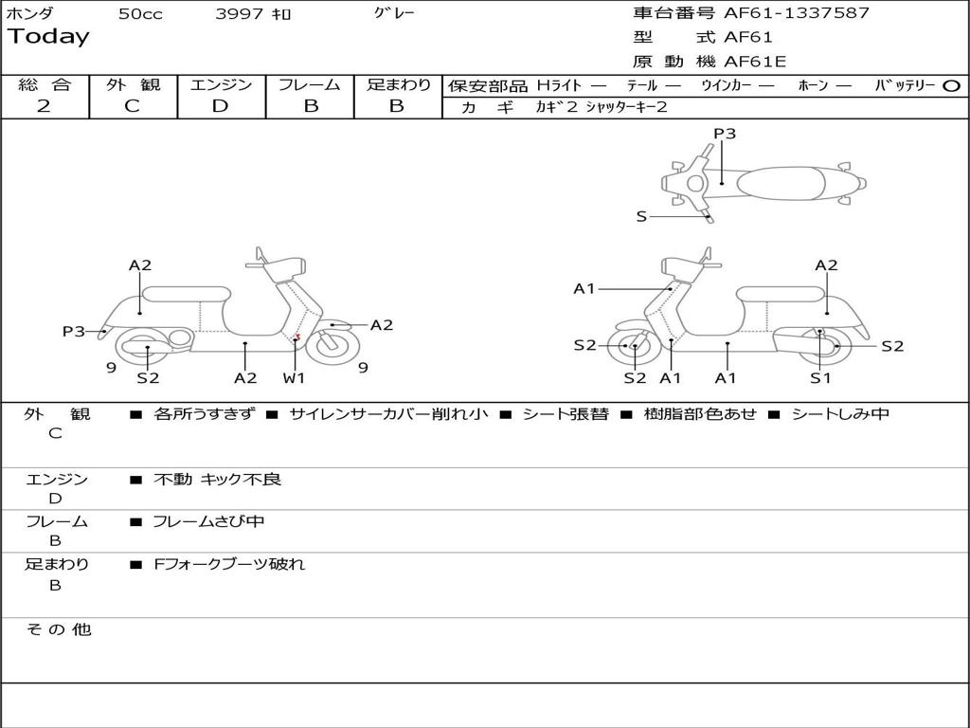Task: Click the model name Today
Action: [48, 37]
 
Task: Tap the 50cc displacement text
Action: [139, 14]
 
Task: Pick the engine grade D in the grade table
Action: [221, 106]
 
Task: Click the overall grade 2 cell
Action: [44, 106]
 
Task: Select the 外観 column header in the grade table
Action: [133, 84]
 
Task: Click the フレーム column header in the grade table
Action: [310, 84]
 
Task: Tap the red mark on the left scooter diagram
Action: [297, 337]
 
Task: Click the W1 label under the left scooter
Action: [294, 378]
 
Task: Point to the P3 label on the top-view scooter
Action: [725, 134]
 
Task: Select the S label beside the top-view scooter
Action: [641, 216]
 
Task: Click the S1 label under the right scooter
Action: [820, 378]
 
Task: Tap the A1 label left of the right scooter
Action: [584, 288]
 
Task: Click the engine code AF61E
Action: [754, 63]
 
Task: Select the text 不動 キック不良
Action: [217, 480]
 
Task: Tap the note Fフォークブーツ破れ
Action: [228, 564]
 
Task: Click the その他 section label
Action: [58, 629]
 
